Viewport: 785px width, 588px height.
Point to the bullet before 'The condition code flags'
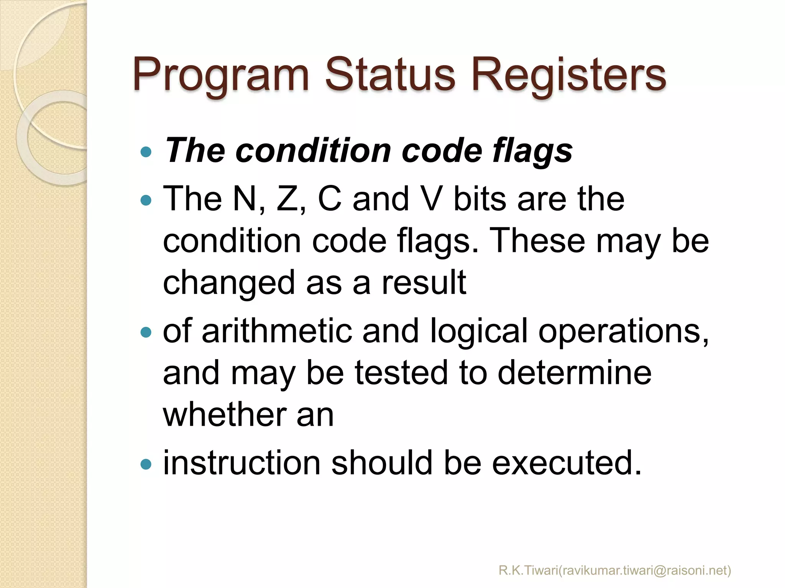click(x=146, y=152)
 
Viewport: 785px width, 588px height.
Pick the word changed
click(x=229, y=283)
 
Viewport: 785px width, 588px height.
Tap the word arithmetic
click(x=277, y=331)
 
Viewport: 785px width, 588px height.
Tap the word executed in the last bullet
click(x=567, y=463)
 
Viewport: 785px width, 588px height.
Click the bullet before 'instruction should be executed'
click(x=146, y=464)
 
